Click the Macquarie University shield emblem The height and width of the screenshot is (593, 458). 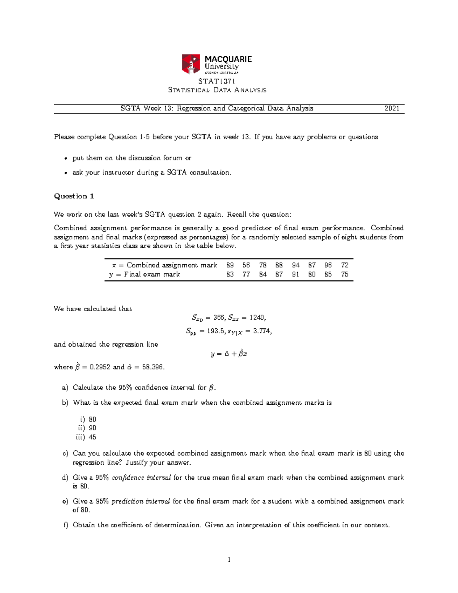point(191,64)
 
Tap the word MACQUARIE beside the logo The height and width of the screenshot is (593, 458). point(228,59)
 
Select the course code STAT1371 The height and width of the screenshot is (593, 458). point(217,81)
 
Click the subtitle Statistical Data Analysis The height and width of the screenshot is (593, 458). point(217,90)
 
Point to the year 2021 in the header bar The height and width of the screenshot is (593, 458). point(392,108)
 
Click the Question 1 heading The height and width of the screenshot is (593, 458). point(74,196)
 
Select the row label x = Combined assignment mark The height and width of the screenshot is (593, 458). point(164,265)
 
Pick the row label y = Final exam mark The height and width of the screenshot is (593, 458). point(144,274)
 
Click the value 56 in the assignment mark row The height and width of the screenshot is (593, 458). point(246,265)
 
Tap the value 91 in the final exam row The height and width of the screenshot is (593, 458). point(295,274)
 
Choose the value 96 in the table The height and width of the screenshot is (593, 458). point(328,265)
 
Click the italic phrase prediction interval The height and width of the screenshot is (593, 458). point(140,501)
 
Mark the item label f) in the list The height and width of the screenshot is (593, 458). point(65,525)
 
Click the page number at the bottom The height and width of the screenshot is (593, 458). point(229,560)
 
